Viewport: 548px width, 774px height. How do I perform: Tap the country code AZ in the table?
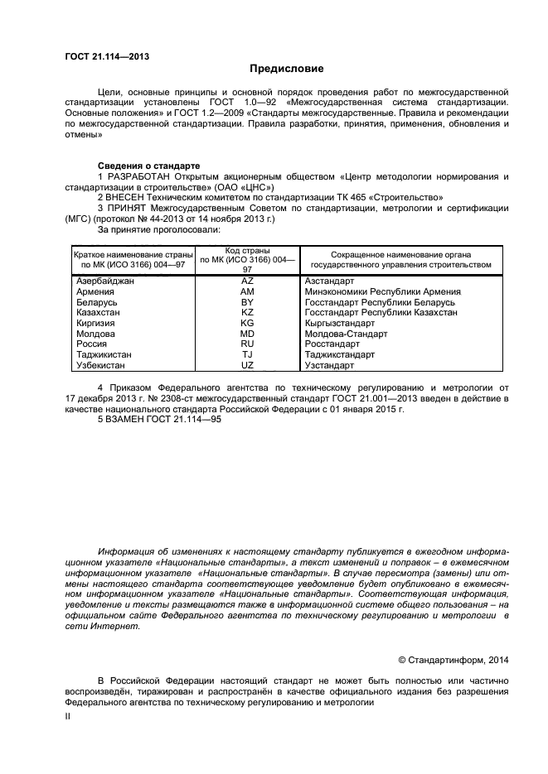247,281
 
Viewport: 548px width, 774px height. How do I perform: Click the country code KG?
247,324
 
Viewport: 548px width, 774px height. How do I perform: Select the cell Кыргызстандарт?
340,324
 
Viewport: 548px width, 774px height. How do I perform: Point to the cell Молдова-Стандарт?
346,334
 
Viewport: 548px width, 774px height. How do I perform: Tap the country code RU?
247,344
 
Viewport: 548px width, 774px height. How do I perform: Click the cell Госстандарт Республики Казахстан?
381,313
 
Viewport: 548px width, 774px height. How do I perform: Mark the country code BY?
247,303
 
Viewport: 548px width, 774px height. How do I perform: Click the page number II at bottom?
68,717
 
